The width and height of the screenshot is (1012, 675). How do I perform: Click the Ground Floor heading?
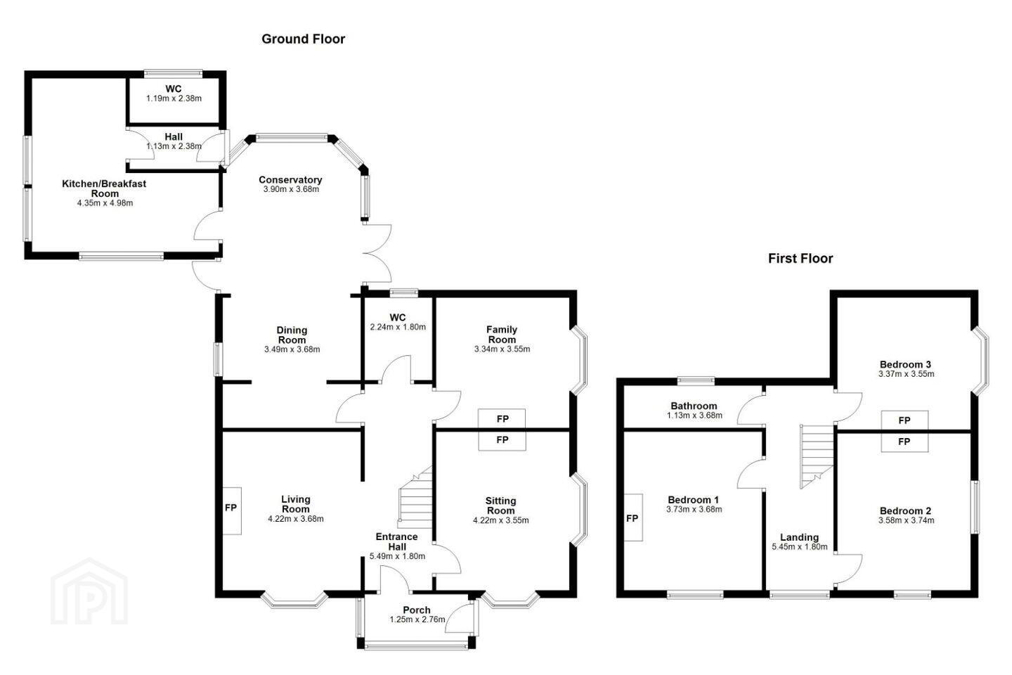pos(303,39)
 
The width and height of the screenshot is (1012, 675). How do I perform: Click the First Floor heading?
pos(800,259)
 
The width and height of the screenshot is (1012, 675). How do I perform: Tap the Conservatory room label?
pos(290,179)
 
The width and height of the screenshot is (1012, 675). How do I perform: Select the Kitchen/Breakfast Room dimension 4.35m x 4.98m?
pos(105,203)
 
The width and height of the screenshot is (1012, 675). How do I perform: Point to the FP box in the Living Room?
pos(231,510)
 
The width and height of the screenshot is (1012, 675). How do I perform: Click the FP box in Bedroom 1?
pos(633,517)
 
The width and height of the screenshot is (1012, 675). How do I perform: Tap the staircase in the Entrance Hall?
pos(415,497)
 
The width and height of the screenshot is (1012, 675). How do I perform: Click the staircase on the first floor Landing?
pos(817,456)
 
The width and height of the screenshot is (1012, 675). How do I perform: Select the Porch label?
pos(416,610)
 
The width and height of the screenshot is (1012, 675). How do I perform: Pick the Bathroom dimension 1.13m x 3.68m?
pos(694,415)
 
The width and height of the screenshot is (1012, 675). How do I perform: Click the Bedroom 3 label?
pos(905,364)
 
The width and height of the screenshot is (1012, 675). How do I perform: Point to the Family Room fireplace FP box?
pos(502,418)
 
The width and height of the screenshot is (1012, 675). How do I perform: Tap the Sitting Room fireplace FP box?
pos(502,440)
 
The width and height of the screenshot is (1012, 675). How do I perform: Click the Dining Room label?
pos(292,335)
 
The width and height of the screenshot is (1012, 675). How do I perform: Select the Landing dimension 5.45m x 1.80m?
pos(799,546)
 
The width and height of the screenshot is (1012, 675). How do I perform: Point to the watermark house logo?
pos(89,591)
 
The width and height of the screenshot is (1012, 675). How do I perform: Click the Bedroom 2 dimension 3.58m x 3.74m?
pos(906,520)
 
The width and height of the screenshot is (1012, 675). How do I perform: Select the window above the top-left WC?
pos(173,72)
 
